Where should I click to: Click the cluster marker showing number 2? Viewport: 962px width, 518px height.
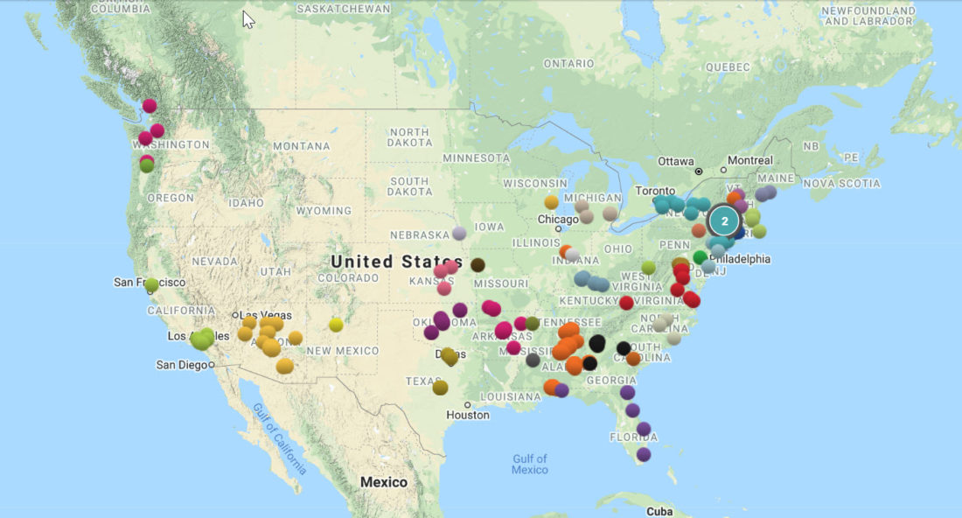point(724,220)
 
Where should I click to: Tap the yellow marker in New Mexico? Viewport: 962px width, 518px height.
point(336,325)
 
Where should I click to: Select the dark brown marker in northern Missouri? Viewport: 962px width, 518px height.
point(478,264)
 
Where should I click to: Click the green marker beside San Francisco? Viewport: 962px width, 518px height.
point(151,284)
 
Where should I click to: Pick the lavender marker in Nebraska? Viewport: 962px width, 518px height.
point(459,234)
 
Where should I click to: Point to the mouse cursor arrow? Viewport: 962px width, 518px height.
point(248,19)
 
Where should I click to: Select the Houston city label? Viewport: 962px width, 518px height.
point(468,415)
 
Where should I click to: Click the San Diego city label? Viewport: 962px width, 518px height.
point(182,365)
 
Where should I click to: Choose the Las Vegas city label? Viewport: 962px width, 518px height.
point(263,315)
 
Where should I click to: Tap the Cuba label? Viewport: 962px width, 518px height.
point(659,511)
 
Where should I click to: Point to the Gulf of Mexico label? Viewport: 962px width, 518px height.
point(530,464)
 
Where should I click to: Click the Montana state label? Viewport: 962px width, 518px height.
point(301,146)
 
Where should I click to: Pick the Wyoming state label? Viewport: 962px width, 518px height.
point(324,211)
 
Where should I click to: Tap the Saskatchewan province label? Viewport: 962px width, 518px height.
point(344,8)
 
